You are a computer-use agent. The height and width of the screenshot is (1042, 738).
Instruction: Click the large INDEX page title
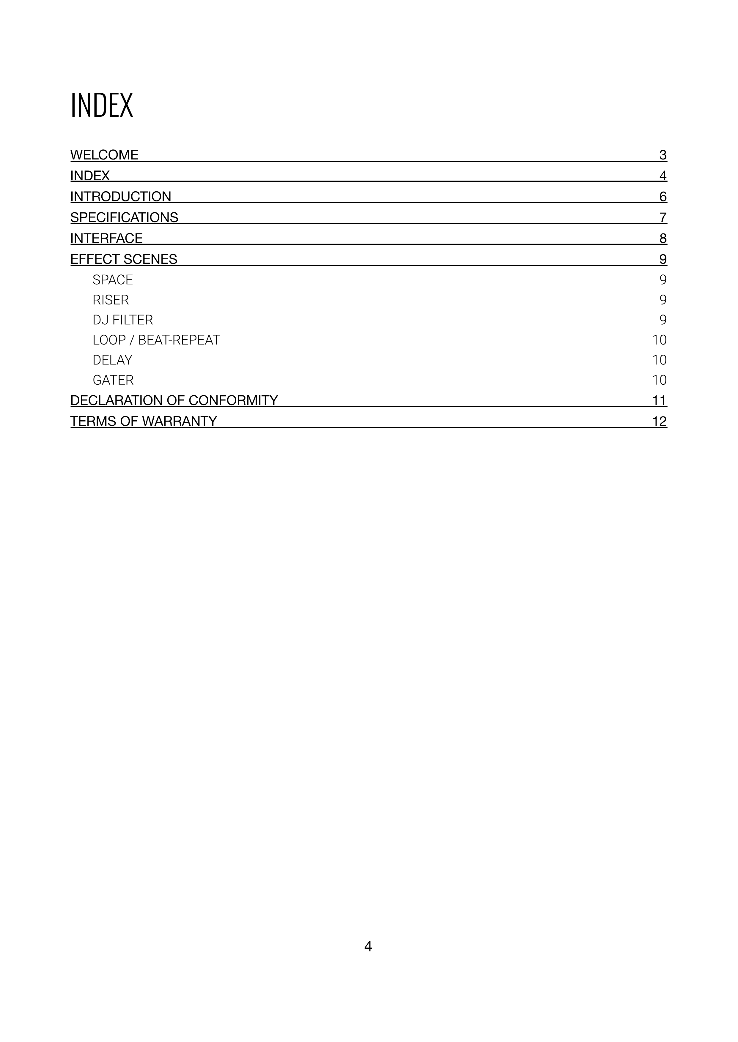(102, 105)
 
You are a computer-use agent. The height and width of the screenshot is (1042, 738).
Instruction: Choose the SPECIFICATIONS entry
(124, 217)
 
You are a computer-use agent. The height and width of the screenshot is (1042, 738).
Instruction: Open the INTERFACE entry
(106, 238)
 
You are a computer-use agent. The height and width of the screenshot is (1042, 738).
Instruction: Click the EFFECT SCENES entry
(124, 259)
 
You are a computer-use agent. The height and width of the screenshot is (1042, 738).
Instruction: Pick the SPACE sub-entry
(113, 280)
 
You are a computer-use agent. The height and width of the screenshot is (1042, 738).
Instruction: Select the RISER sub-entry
(111, 300)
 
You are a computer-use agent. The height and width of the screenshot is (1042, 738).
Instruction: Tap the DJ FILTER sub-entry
(123, 320)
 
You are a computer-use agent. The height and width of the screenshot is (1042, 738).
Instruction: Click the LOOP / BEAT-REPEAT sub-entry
(156, 340)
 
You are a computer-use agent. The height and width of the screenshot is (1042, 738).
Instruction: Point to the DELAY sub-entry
(112, 360)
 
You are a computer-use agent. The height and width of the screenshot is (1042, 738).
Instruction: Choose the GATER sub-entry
(113, 380)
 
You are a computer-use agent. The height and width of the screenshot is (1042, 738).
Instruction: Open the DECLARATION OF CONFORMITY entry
(174, 400)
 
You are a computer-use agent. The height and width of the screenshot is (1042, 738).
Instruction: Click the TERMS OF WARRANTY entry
(144, 421)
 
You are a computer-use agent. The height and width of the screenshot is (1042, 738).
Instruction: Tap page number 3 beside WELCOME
(663, 155)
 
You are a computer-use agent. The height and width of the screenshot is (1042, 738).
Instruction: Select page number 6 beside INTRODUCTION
(663, 197)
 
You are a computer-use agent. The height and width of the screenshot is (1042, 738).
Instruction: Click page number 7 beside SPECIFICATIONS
(663, 217)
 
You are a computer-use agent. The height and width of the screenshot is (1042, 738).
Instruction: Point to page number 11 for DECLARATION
(659, 400)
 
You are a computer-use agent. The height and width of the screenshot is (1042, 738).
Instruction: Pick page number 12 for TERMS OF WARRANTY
(659, 421)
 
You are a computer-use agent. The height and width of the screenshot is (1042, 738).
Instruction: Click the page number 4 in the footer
(368, 946)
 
